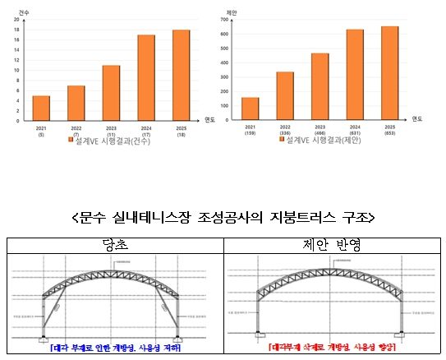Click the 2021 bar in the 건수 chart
click(41, 108)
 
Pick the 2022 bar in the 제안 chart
click(285, 96)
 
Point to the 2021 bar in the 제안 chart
click(251, 108)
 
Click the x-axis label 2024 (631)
click(354, 130)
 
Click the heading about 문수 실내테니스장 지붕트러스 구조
click(223, 218)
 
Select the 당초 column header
click(115, 246)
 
